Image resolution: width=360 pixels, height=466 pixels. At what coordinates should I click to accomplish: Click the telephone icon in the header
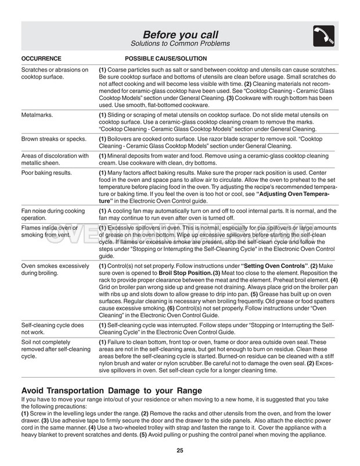323,37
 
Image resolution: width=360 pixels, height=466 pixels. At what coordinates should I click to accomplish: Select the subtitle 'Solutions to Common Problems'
180,44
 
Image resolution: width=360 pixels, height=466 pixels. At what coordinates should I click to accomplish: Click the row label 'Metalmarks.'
38,115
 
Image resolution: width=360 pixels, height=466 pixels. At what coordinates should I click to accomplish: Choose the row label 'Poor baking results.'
46,173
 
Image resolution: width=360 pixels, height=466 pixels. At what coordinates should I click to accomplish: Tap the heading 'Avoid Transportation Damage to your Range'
111,390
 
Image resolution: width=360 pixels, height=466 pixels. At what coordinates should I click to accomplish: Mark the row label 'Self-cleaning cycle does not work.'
53,329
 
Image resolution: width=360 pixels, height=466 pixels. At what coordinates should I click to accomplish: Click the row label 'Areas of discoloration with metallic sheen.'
55,159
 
